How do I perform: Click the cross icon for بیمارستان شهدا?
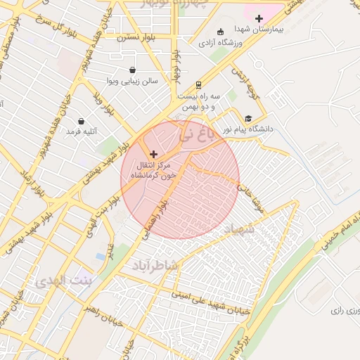(259, 18)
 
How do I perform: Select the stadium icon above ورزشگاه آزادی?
(220, 32)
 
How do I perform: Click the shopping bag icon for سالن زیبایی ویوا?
(133, 70)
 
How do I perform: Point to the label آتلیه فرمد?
(82, 131)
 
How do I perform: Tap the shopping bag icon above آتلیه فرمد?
(82, 121)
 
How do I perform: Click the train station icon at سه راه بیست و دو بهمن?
(199, 84)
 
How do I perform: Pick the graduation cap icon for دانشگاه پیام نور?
(248, 118)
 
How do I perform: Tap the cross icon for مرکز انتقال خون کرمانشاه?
(153, 153)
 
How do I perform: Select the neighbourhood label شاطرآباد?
(156, 265)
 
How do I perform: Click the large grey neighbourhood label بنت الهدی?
(60, 281)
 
